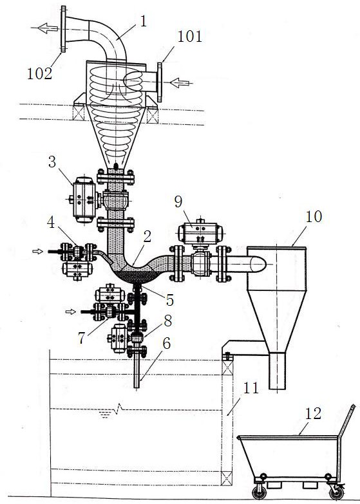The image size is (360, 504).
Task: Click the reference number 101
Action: (190, 37)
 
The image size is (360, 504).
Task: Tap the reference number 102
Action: (39, 74)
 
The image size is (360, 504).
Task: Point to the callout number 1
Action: (143, 21)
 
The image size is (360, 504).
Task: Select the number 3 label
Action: (52, 162)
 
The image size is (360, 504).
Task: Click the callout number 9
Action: (178, 201)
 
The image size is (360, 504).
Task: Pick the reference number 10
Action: (314, 217)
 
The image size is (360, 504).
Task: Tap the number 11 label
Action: (251, 388)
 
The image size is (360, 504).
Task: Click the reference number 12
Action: (313, 414)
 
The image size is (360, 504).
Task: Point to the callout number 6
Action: (166, 343)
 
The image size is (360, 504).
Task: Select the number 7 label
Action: (82, 338)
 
